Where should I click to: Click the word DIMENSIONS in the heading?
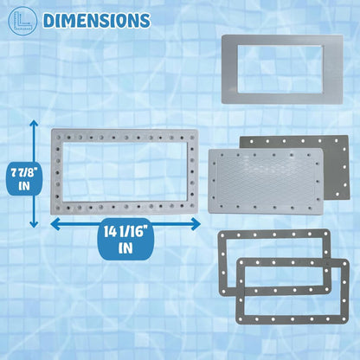click(x=97, y=20)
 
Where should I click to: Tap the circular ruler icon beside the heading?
click(x=22, y=21)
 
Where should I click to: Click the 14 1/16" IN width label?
click(x=125, y=240)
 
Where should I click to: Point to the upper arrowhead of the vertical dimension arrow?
click(x=34, y=125)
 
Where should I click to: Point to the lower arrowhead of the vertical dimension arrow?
click(x=34, y=222)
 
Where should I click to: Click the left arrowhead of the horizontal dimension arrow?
click(x=55, y=224)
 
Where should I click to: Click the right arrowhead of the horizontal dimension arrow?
click(x=196, y=224)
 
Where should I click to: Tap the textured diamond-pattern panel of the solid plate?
click(x=265, y=181)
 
